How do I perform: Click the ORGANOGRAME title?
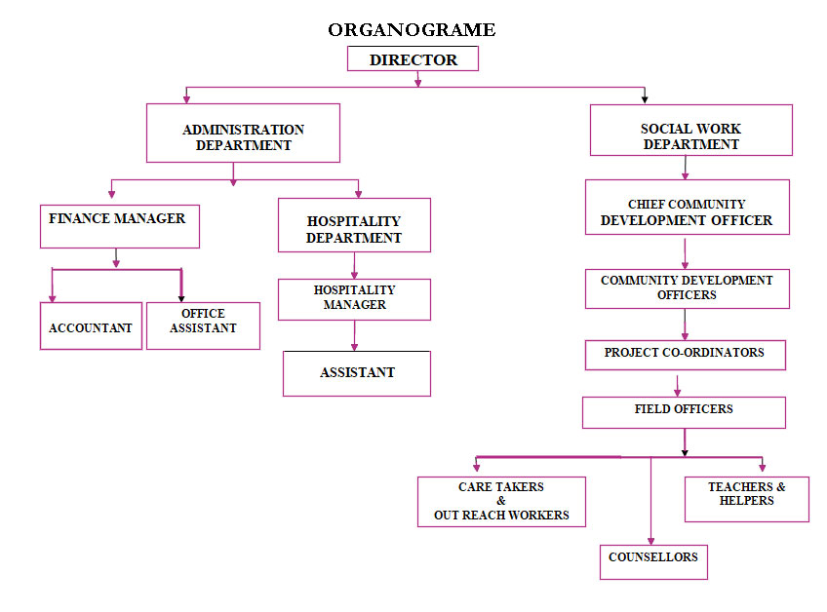(x=412, y=30)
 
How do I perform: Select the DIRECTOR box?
(x=413, y=59)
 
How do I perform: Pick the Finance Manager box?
(x=119, y=226)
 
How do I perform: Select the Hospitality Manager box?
(x=354, y=299)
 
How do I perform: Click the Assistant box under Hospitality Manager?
(x=356, y=373)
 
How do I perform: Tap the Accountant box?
(x=91, y=326)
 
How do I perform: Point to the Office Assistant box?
(x=203, y=325)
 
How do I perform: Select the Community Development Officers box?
(x=687, y=288)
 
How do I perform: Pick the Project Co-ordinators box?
(x=685, y=355)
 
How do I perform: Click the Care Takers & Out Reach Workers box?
(x=501, y=502)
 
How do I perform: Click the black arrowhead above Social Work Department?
(x=645, y=97)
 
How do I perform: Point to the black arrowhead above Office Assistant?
(x=181, y=297)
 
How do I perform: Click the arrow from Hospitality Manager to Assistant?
(x=354, y=335)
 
